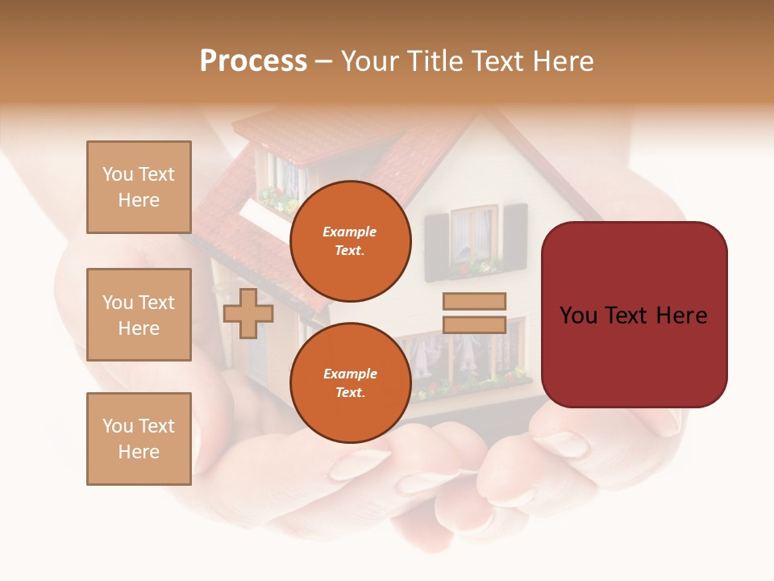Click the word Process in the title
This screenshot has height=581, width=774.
(x=253, y=61)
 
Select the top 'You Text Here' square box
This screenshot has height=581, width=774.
(x=139, y=187)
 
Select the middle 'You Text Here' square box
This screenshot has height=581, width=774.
(x=139, y=315)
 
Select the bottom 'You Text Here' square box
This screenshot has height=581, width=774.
(x=139, y=439)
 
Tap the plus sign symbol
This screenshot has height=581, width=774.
(x=248, y=313)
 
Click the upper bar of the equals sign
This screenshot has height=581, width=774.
(x=475, y=301)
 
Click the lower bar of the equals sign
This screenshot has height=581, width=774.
(x=475, y=324)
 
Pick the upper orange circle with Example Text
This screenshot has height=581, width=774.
(x=351, y=240)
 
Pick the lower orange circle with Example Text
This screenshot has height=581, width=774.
(x=351, y=382)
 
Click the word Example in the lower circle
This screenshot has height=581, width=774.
(x=350, y=374)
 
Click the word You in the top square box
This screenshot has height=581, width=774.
(x=117, y=174)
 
